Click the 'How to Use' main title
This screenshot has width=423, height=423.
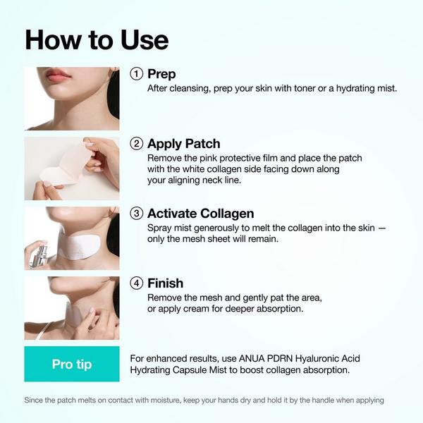tap(97, 39)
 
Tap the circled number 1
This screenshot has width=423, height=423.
tap(137, 74)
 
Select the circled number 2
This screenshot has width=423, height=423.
tap(137, 144)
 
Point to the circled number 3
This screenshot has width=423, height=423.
tap(137, 214)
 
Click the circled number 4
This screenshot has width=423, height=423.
tap(137, 283)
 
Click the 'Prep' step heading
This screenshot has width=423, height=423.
tap(161, 74)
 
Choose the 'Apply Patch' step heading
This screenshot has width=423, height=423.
tap(183, 144)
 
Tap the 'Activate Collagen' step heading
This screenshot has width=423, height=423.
tap(200, 214)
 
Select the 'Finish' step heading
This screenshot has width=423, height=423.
tap(165, 283)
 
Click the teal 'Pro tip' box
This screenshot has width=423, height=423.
tap(72, 364)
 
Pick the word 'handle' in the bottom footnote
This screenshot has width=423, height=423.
tap(305, 400)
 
